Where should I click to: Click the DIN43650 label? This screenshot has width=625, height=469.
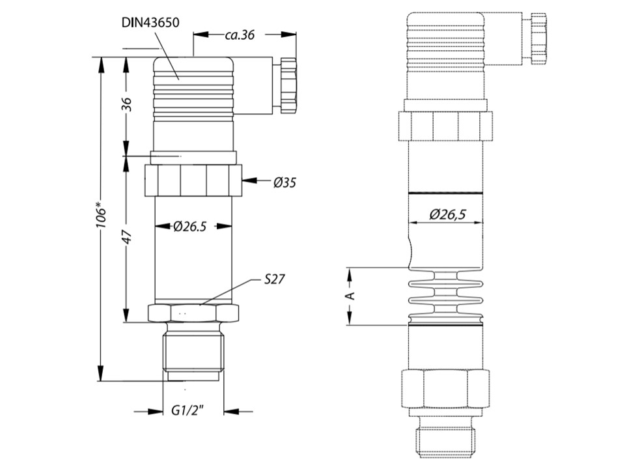(x=150, y=23)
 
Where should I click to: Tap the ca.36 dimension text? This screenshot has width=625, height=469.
(x=240, y=35)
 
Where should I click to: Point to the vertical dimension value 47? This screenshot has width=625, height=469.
(x=127, y=237)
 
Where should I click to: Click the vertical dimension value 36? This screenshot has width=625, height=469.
(x=126, y=105)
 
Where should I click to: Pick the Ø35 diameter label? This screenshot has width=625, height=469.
(x=285, y=182)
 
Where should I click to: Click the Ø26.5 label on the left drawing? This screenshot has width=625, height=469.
(x=190, y=227)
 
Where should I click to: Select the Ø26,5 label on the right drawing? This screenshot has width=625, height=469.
(x=448, y=214)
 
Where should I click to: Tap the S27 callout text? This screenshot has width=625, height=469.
(x=275, y=279)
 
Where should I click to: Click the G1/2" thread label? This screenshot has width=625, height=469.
(x=187, y=410)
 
